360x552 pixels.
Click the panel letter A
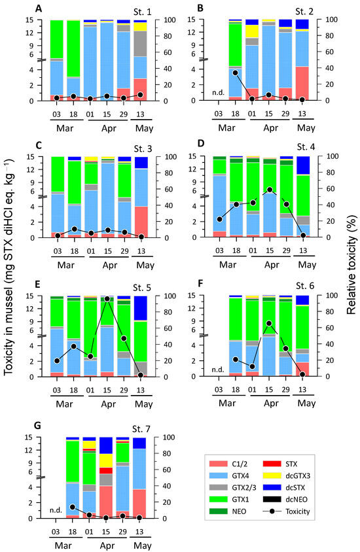(39, 9)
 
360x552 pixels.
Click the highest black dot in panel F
(268, 323)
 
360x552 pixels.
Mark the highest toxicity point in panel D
(268, 190)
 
